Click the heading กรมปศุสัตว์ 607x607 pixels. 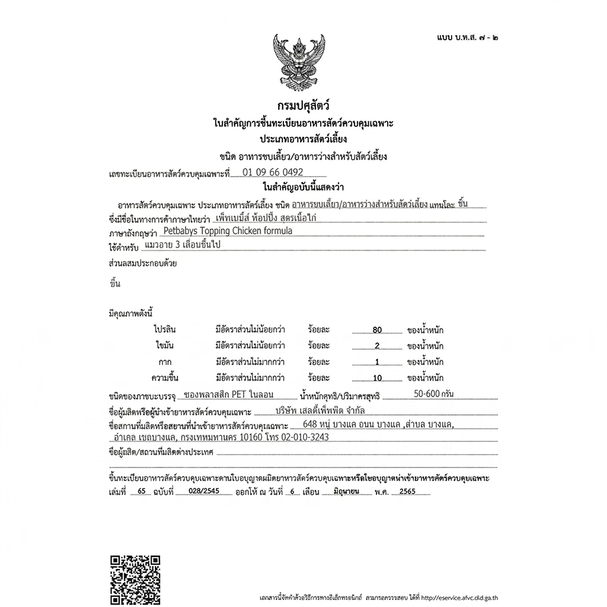(x=303, y=106)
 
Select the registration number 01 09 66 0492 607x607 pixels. (x=273, y=172)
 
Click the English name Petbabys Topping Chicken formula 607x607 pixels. (x=228, y=231)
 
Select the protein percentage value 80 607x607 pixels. (x=377, y=330)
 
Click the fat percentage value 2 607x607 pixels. (x=377, y=346)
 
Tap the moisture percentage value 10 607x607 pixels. (x=377, y=378)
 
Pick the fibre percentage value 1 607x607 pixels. (x=377, y=362)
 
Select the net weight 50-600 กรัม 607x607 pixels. (x=435, y=394)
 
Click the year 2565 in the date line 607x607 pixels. (x=407, y=492)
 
